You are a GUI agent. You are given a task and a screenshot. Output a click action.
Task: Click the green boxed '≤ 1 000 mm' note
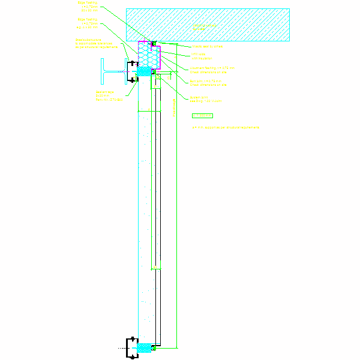click(x=202, y=115)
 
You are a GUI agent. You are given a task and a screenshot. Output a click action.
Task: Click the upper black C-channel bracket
click(x=131, y=71)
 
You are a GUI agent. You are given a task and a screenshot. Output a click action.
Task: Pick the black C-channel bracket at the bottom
click(x=131, y=348)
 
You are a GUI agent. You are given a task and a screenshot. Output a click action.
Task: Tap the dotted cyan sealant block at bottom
click(x=145, y=347)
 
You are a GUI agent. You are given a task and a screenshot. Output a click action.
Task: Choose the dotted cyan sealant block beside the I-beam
click(x=144, y=71)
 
